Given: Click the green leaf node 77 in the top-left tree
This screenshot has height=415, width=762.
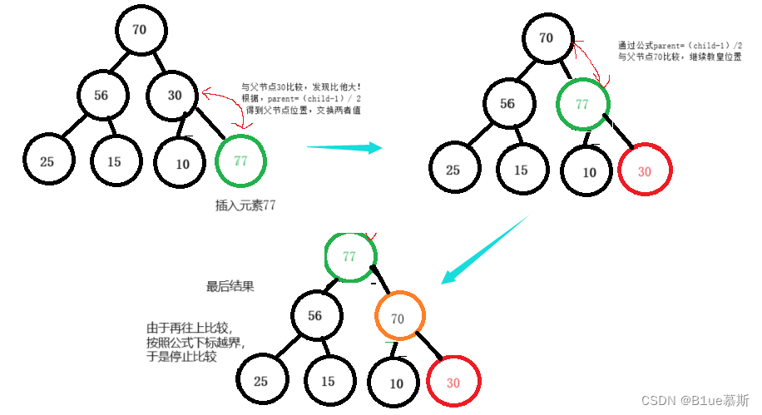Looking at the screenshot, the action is coord(240,161).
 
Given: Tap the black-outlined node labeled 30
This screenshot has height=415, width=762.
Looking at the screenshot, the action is coord(175,95).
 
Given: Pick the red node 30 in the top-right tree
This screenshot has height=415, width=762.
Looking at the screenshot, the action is coord(645,171).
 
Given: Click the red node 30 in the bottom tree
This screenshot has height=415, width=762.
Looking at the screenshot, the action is coord(453,383).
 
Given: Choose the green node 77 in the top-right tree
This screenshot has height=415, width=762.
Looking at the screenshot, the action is coord(582,104).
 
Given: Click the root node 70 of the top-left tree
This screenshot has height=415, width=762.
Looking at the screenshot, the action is coord(139,30).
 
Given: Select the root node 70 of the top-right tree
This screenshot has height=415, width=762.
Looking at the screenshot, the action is coord(547,37).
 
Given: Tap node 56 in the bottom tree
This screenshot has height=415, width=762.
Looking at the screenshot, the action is coord(315,316).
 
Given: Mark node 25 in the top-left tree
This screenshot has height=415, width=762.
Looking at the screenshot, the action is coord(47,161).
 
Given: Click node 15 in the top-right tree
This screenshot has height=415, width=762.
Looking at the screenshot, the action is coord(520,170).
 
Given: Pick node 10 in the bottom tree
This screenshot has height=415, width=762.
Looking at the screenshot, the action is coord(396,383).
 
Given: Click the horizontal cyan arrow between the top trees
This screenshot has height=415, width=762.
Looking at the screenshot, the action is coord(344,147).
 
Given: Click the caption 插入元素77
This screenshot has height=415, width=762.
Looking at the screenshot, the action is coord(245,205).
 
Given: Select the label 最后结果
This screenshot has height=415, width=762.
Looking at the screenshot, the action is coord(230,286).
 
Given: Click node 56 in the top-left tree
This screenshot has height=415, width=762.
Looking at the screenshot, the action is coord(101,95).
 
